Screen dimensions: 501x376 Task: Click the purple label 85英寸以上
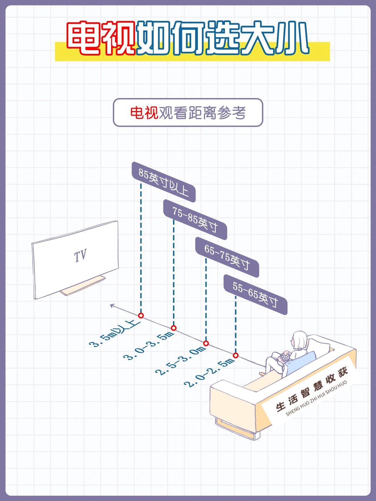pos(163,182)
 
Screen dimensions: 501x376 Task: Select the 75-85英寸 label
pos(195,220)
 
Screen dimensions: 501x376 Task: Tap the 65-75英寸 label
pos(227,257)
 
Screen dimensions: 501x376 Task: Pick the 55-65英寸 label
pos(255,295)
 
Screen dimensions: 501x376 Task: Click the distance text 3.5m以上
pos(115,334)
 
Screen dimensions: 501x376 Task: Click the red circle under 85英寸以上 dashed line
pos(141,316)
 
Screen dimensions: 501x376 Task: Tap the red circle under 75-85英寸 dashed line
pos(174,328)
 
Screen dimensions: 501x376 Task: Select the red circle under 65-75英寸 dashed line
pos(206,343)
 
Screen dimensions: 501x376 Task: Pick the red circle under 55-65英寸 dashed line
pos(236,355)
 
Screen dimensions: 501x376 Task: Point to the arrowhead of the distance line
pos(112,305)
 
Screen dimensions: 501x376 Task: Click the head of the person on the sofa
pos(300,340)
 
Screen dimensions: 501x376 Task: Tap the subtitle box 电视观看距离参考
pos(188,113)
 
